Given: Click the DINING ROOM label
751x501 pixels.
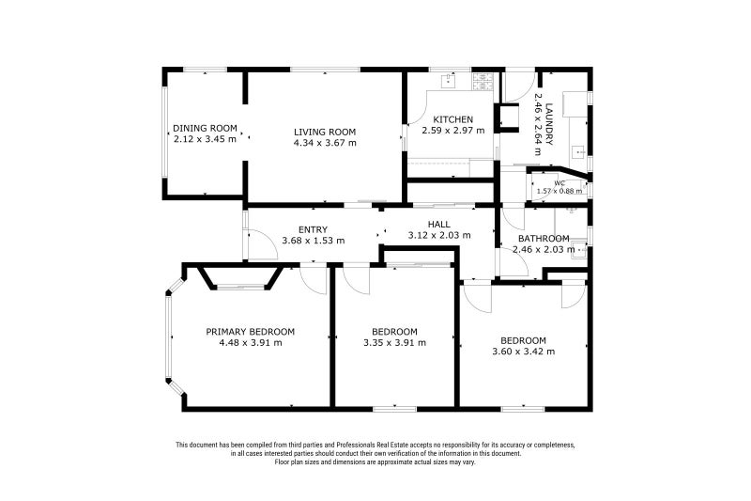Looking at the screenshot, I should [205, 129].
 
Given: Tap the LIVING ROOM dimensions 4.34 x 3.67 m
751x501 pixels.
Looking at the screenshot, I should [325, 143].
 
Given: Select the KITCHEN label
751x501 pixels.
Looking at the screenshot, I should [452, 119].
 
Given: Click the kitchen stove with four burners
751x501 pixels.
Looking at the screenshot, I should [483, 81].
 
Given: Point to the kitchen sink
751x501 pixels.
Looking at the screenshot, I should [445, 82].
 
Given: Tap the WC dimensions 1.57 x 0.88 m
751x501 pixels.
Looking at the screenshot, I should [559, 191].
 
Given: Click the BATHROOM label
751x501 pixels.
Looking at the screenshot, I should [544, 239].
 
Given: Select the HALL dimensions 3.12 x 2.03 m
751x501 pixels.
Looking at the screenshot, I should [438, 235].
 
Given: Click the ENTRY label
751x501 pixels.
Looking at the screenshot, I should [313, 229].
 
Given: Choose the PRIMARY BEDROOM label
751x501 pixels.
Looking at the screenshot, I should [251, 331].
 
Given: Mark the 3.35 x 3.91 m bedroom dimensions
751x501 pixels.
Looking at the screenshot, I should [394, 342].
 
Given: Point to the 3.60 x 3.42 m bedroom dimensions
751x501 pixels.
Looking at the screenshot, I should [523, 352].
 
